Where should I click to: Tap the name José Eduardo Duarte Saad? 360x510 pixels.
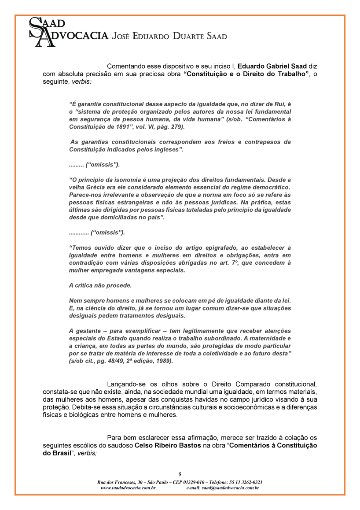point(170,36)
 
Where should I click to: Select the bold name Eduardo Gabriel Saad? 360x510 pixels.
point(272,67)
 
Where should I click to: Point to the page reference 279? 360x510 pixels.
point(176,126)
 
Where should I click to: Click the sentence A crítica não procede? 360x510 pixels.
point(100,285)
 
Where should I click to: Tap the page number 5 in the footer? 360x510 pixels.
point(180,474)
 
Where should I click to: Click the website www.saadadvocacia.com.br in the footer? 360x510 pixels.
point(128,488)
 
